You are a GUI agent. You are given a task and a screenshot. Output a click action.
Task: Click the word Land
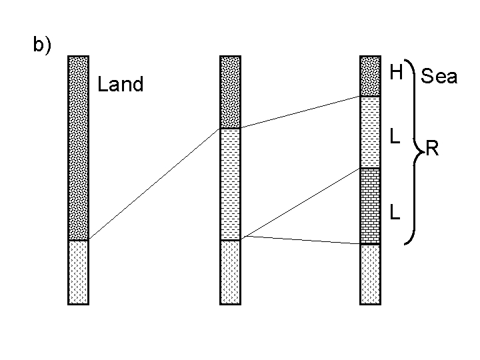120,85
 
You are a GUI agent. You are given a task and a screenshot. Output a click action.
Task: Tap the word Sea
439,77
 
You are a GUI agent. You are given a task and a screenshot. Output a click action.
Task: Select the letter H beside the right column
397,73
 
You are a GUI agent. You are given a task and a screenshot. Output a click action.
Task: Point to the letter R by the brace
432,148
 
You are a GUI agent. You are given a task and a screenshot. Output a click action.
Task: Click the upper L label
395,136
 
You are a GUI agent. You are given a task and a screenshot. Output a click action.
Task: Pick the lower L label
395,211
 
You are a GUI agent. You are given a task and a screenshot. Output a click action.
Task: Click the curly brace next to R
415,153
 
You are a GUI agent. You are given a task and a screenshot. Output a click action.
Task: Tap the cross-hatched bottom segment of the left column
78,271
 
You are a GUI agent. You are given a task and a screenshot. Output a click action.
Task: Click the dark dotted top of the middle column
230,92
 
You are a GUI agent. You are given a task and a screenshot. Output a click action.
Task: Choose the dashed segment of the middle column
230,183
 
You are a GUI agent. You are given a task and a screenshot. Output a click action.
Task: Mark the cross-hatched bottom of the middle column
230,271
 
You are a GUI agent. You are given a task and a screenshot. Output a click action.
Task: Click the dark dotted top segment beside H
370,77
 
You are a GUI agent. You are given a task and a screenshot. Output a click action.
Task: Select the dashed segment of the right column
370,132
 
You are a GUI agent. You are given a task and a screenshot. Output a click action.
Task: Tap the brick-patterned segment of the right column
370,205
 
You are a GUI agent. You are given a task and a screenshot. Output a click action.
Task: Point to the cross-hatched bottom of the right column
370,273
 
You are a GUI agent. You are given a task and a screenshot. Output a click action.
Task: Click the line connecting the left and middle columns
154,183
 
